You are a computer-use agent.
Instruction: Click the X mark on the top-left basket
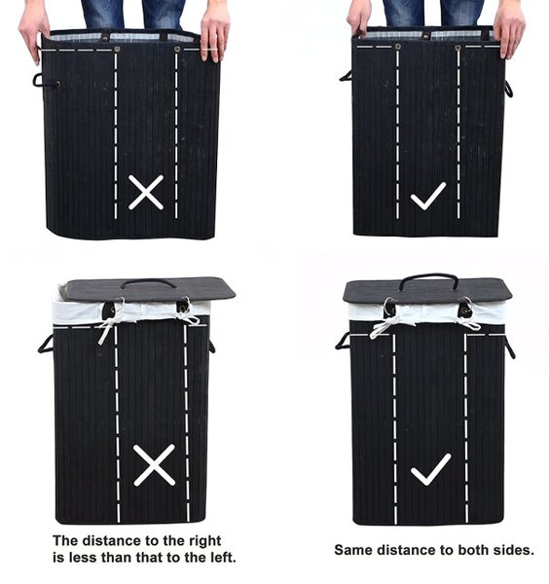pos(146,192)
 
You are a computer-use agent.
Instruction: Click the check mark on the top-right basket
pos(428,197)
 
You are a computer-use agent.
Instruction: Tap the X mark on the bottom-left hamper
pos(154,465)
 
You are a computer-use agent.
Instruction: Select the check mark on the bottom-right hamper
pos(430,470)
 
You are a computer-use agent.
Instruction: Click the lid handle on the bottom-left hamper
pos(148,282)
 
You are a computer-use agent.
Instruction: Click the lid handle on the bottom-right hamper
pos(428,276)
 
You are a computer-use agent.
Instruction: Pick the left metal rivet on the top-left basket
pos(117,50)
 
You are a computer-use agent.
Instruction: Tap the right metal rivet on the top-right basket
pos(457,48)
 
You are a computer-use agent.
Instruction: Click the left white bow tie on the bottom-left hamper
pos(110,324)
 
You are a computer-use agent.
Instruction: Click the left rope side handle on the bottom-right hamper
pos(342,341)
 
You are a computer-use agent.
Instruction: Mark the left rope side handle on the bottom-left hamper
pos(45,344)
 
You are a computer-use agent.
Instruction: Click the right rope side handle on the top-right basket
pos(509,89)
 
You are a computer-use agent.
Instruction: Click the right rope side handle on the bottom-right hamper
pos(510,348)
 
